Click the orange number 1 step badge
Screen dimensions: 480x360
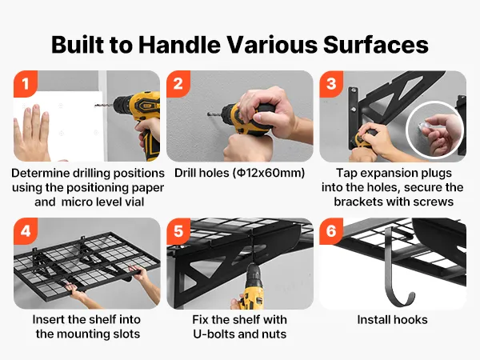pyautogui.click(x=26, y=83)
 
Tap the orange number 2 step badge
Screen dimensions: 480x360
pyautogui.click(x=178, y=83)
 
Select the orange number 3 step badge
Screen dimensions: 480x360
pyautogui.click(x=331, y=83)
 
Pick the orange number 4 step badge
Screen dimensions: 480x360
pyautogui.click(x=26, y=230)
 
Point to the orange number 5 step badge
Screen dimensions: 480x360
pyautogui.click(x=178, y=230)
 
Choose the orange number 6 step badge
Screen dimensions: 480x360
pyautogui.click(x=331, y=230)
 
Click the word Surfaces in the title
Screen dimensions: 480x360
pyautogui.click(x=376, y=45)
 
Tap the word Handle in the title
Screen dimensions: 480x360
pyautogui.click(x=179, y=45)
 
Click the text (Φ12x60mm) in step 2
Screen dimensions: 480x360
pyautogui.click(x=269, y=174)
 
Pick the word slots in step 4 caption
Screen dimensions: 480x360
pyautogui.click(x=126, y=334)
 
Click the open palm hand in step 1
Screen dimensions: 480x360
pyautogui.click(x=31, y=133)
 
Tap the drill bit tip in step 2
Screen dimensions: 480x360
pyautogui.click(x=208, y=114)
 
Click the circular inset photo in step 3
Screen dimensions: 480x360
pyautogui.click(x=435, y=130)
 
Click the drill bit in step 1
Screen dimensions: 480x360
pyautogui.click(x=104, y=106)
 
